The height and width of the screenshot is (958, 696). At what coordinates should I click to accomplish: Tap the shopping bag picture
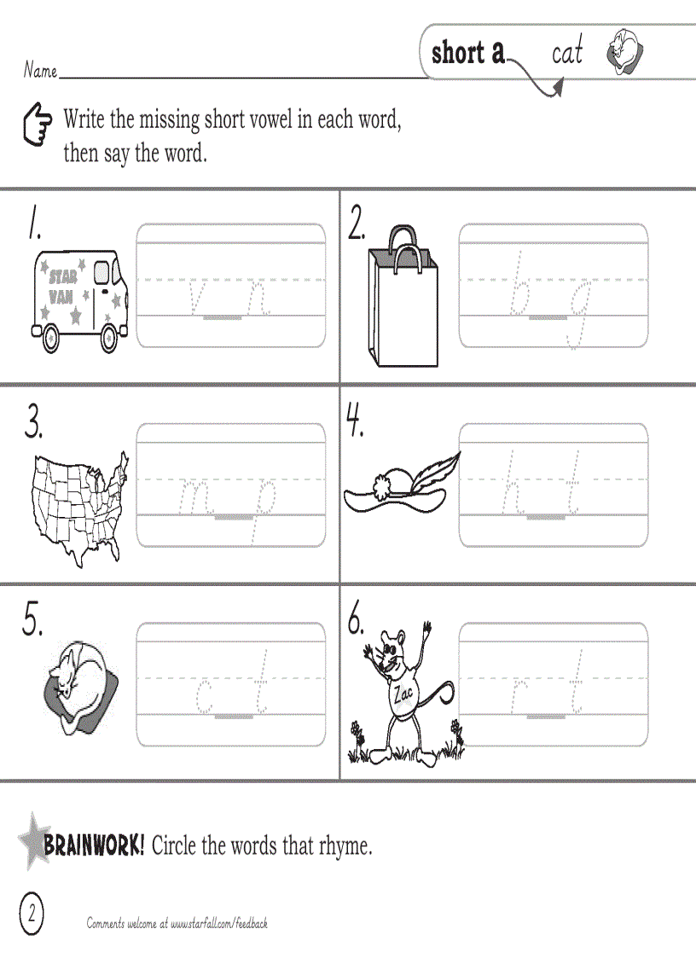tap(403, 299)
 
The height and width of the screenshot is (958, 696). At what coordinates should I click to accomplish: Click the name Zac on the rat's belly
tap(403, 694)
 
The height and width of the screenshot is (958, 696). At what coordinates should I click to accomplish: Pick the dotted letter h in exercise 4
tap(513, 484)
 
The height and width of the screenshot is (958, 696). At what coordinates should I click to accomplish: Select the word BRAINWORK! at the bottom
tap(95, 846)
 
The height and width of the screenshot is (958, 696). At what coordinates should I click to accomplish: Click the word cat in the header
tap(567, 54)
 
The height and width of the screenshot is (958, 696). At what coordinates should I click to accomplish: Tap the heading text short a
tap(468, 53)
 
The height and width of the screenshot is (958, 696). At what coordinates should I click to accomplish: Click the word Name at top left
tap(40, 71)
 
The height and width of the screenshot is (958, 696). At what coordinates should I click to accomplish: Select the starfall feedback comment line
tap(177, 923)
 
